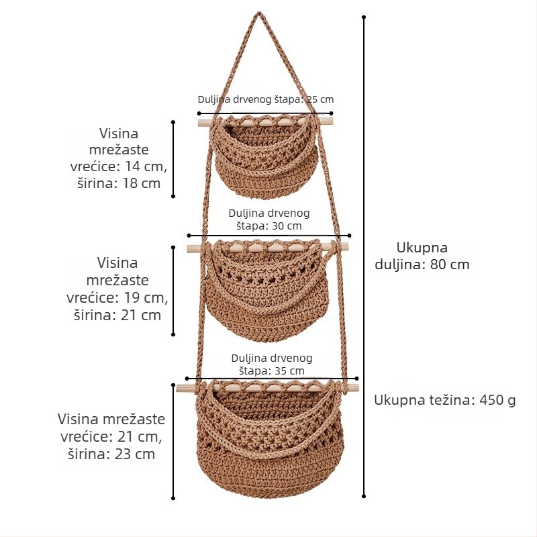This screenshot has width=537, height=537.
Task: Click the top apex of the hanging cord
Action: tap(258, 13)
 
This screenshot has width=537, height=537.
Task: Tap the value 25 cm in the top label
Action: tap(320, 99)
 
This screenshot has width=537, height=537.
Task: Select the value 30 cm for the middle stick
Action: tap(287, 226)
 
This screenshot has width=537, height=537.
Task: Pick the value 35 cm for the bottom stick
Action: tap(289, 371)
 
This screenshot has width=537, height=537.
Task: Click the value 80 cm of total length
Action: tap(450, 264)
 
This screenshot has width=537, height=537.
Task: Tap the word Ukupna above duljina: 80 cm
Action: tap(422, 248)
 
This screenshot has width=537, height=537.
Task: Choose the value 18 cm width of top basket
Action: tap(142, 183)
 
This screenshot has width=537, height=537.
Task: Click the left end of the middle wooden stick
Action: tap(189, 249)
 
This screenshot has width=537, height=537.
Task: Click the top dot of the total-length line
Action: tap(364, 17)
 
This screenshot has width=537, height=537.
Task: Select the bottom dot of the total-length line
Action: tap(364, 495)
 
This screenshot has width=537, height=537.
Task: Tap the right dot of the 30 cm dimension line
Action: tap(349, 236)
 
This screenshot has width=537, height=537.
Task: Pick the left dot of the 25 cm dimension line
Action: tap(199, 113)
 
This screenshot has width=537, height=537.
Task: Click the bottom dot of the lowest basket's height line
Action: tap(173, 498)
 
